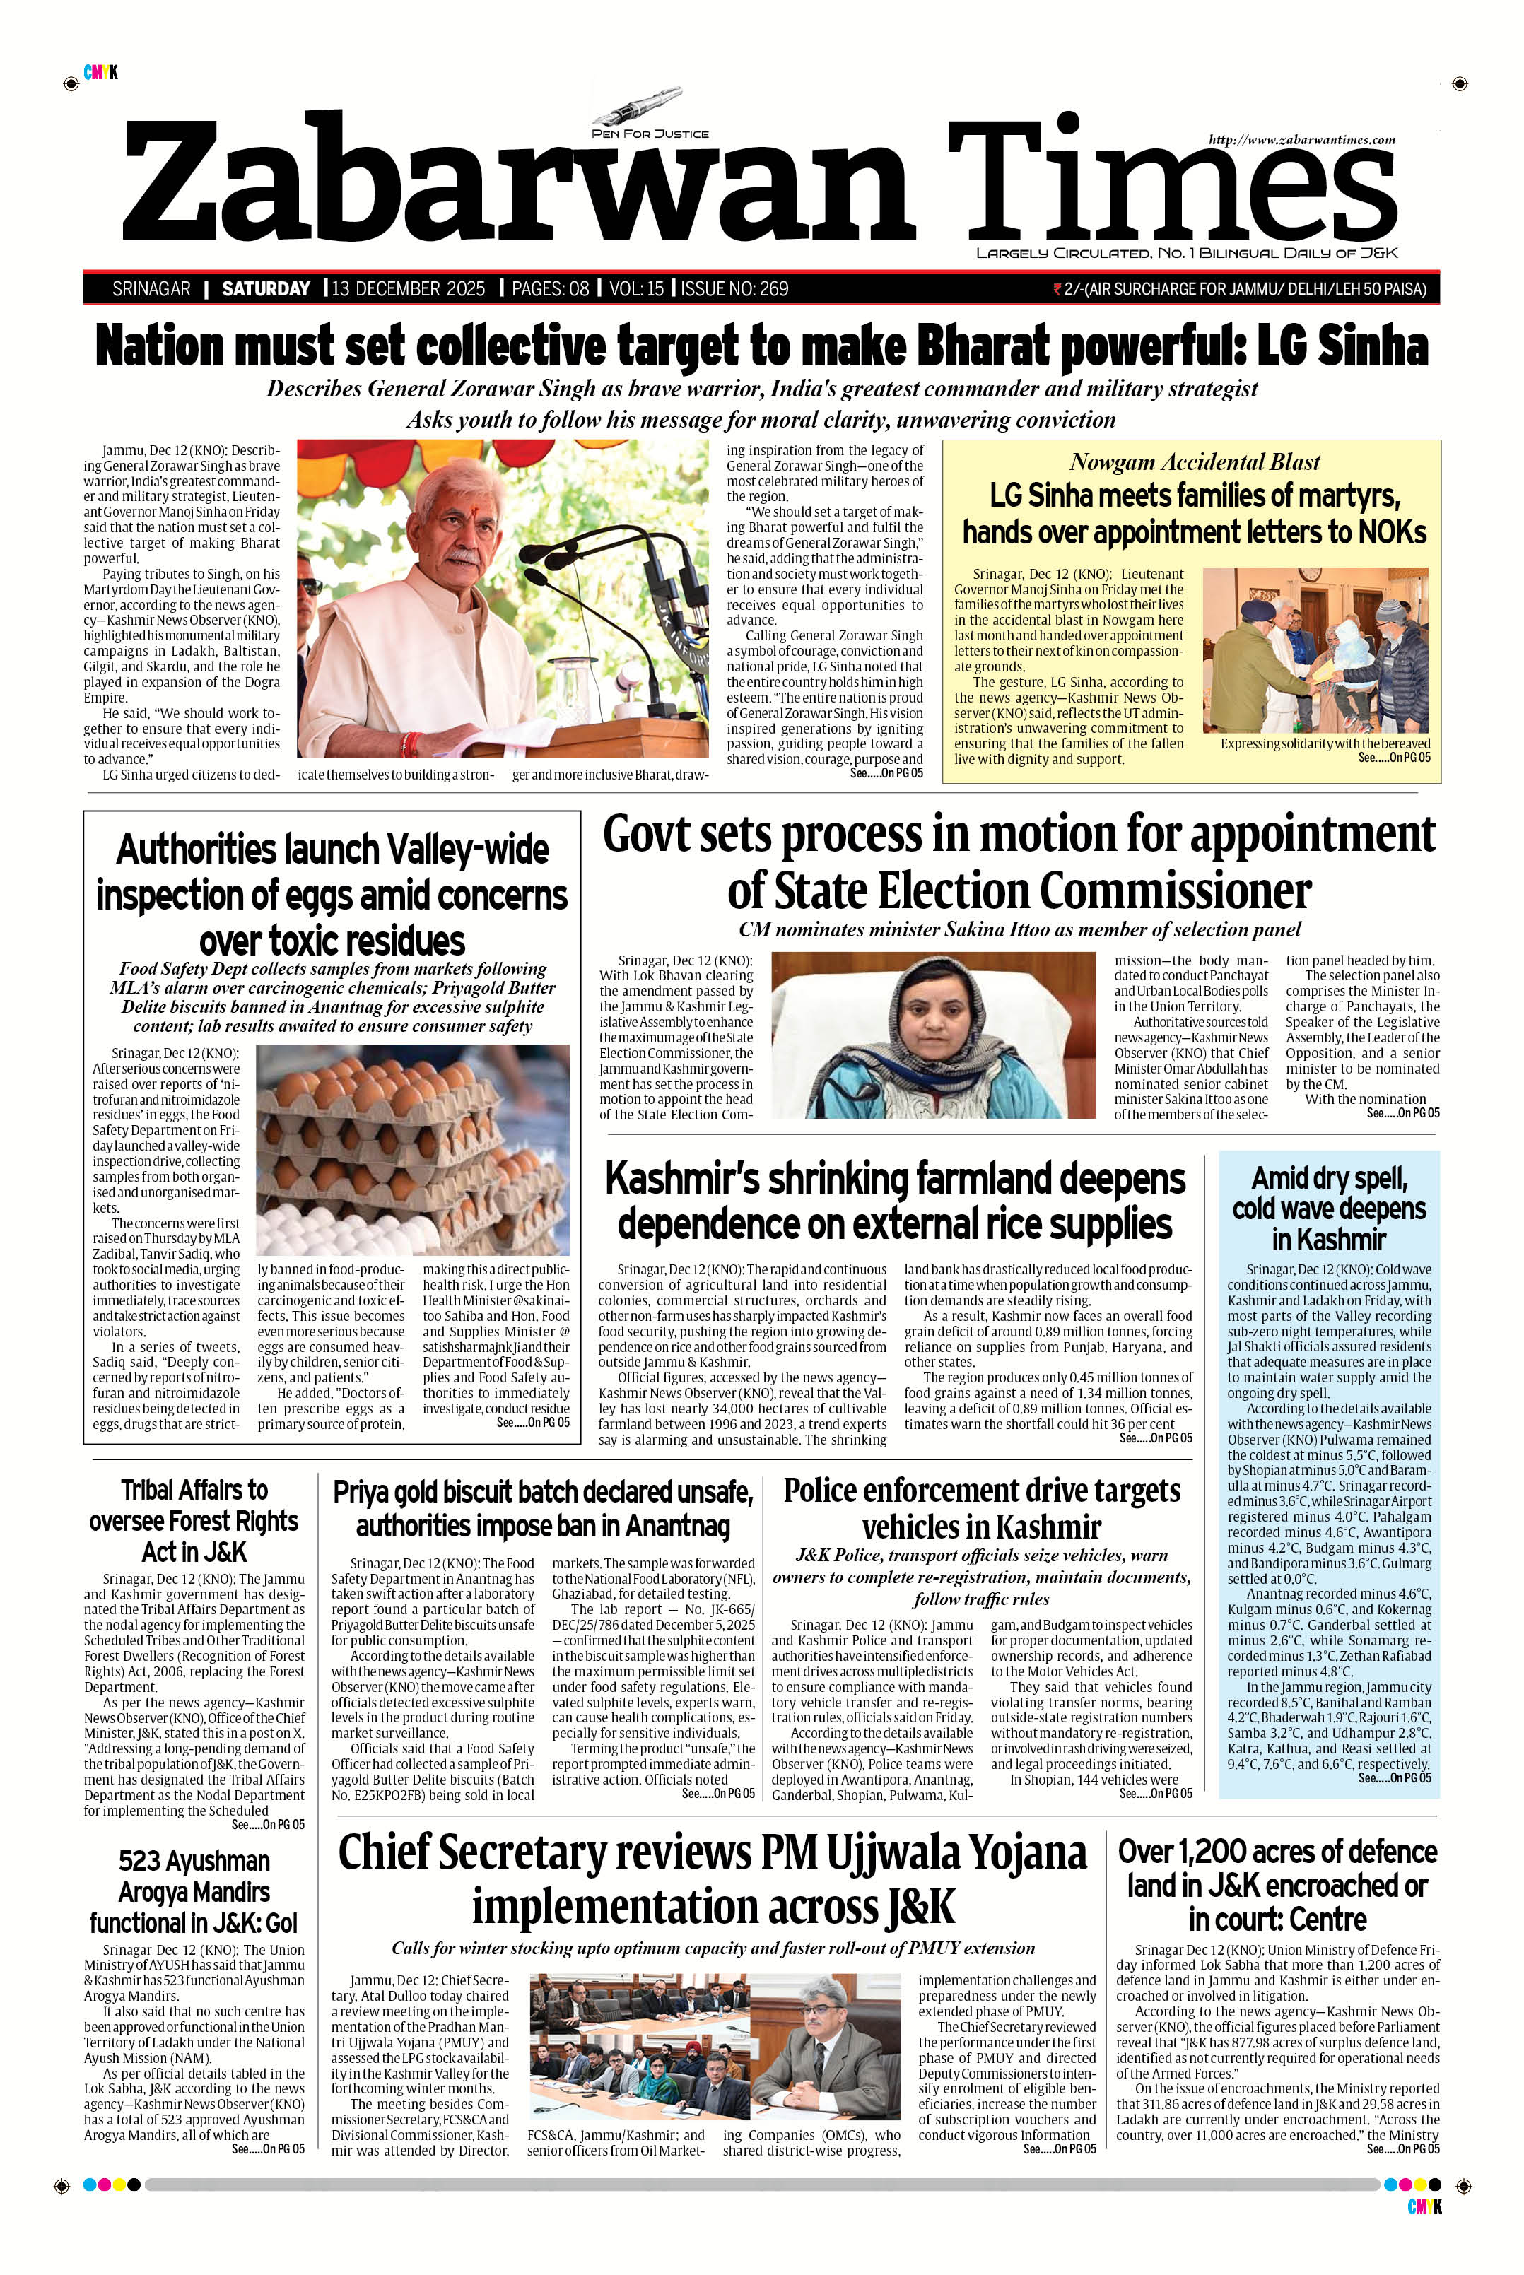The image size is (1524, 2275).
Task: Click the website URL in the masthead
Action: pyautogui.click(x=1301, y=140)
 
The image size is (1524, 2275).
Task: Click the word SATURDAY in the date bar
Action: pyautogui.click(x=265, y=288)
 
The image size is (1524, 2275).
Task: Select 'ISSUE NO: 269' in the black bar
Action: pyautogui.click(x=735, y=288)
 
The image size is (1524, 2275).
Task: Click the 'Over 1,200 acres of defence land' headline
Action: pyautogui.click(x=1277, y=1886)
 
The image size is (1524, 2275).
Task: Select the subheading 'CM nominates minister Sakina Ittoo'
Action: pyautogui.click(x=1019, y=929)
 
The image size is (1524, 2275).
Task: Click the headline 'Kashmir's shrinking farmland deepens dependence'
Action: pyautogui.click(x=895, y=1200)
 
